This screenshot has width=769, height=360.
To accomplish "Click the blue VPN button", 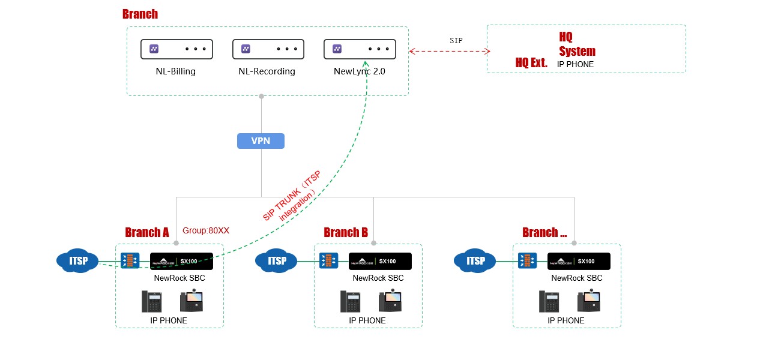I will (261, 141).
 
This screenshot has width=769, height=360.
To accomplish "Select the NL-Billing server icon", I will (176, 49).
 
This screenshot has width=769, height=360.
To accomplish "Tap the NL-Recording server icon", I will (268, 49).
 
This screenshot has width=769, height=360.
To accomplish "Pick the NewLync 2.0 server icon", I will (360, 49).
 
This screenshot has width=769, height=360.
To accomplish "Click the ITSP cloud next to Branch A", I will (77, 261).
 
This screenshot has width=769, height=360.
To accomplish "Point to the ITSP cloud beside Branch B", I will (276, 261).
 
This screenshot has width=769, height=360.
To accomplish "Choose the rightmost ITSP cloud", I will (475, 261).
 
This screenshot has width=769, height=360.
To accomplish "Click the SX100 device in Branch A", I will (181, 261).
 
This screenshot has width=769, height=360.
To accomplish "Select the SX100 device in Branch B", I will (380, 261).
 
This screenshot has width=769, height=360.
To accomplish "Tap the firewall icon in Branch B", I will (328, 261).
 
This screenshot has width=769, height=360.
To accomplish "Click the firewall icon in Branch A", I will (130, 261).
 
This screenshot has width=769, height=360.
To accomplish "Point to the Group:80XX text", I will (206, 230).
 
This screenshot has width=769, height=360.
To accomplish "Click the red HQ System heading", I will (576, 44).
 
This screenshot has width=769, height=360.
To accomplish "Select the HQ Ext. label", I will (531, 62).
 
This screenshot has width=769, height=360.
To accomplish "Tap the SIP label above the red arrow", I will (456, 41).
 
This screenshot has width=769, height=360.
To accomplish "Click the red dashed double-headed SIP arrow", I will (450, 52).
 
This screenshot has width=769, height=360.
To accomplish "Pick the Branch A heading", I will (146, 232).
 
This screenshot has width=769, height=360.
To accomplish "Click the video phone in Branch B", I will (390, 301).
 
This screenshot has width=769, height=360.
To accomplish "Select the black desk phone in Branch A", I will (151, 301).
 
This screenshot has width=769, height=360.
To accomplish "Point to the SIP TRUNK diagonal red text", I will (292, 196).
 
